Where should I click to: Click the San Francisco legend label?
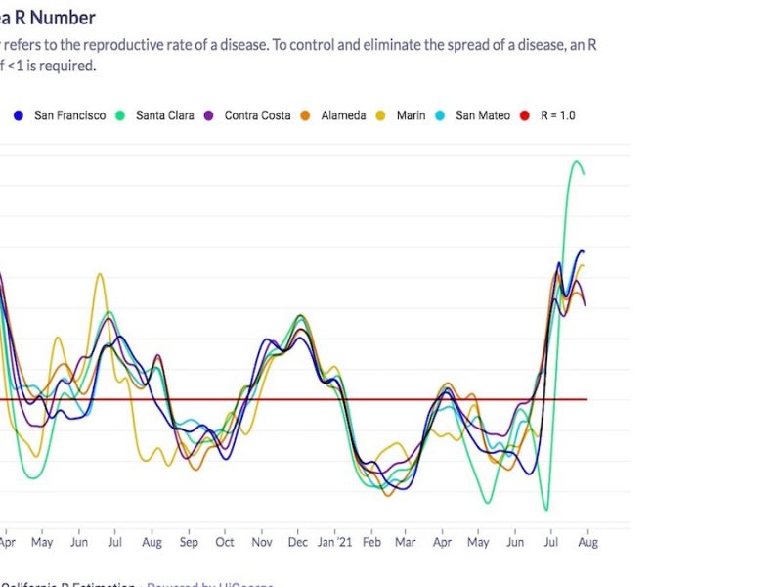[x=69, y=115]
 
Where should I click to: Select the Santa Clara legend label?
[x=164, y=115]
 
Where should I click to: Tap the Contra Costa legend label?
[x=257, y=115]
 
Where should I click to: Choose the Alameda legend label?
[x=343, y=115]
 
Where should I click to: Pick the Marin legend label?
[x=411, y=115]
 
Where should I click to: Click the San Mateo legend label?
[x=482, y=115]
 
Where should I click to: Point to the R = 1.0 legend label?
[x=554, y=115]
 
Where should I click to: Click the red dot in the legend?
[x=522, y=115]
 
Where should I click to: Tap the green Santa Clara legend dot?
[x=121, y=115]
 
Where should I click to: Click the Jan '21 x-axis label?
[x=334, y=541]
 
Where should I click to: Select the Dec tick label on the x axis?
[x=298, y=541]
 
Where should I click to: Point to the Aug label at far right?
[x=587, y=541]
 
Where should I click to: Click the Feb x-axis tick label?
[x=371, y=541]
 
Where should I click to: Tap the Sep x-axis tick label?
[x=189, y=541]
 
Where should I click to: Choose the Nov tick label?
[x=262, y=541]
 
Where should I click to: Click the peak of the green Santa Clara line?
[x=577, y=161]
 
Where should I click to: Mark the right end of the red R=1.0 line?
[x=586, y=399]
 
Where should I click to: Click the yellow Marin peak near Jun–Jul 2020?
[x=100, y=274]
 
